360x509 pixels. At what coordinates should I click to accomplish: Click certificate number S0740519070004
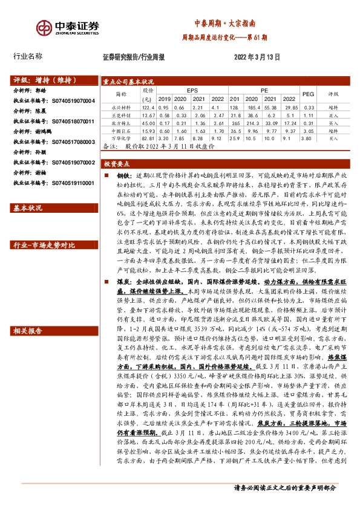click(x=70, y=101)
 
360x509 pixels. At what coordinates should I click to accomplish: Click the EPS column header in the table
click(x=192, y=89)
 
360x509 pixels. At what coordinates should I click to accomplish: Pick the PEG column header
click(x=308, y=94)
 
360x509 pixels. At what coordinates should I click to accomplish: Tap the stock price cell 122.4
click(x=148, y=107)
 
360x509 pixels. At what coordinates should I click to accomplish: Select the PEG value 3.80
click(x=308, y=138)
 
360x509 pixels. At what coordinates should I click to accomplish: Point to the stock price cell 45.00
click(x=148, y=123)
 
